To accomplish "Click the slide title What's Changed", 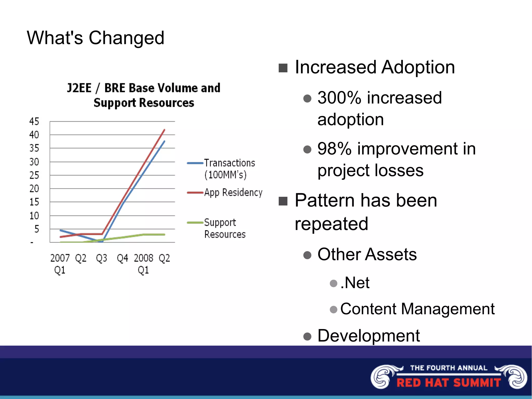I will tap(95, 38).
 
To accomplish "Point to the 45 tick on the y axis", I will tap(34, 121).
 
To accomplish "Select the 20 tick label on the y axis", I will tap(34, 188).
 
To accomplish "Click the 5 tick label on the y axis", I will tap(37, 229).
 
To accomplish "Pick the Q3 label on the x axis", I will tap(101, 258).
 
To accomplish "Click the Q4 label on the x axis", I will tap(122, 258).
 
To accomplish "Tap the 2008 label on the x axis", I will tap(143, 258).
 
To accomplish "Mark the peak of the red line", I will tap(164, 130).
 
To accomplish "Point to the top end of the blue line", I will tap(164, 141).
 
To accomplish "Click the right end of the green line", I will tap(164, 234).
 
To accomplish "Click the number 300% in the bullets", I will tap(339, 98).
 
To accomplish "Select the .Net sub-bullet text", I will tap(355, 283).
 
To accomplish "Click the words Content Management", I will tap(417, 309).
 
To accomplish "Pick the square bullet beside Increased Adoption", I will tap(283, 68).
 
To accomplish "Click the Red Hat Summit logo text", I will tap(449, 382).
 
